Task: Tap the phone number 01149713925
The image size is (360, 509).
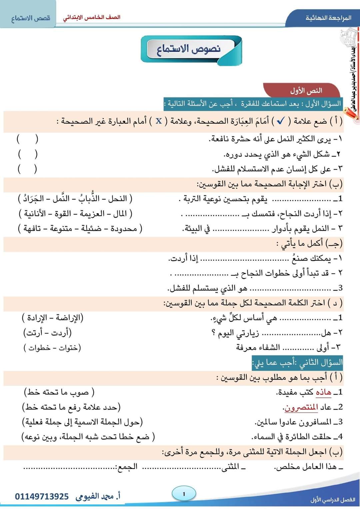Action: point(42,497)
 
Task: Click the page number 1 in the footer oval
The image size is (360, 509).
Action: point(184,494)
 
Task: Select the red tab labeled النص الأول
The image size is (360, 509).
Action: point(306,91)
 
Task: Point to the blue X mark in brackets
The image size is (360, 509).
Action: point(159,121)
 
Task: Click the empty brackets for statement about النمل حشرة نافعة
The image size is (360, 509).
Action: point(27,139)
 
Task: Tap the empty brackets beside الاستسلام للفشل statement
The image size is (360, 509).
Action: point(27,169)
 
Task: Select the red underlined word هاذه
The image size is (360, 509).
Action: point(323,392)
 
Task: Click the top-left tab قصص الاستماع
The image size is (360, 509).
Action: point(31,18)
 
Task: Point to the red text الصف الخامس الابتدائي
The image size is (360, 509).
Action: point(92,17)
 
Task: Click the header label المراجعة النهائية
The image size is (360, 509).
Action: point(328,18)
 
